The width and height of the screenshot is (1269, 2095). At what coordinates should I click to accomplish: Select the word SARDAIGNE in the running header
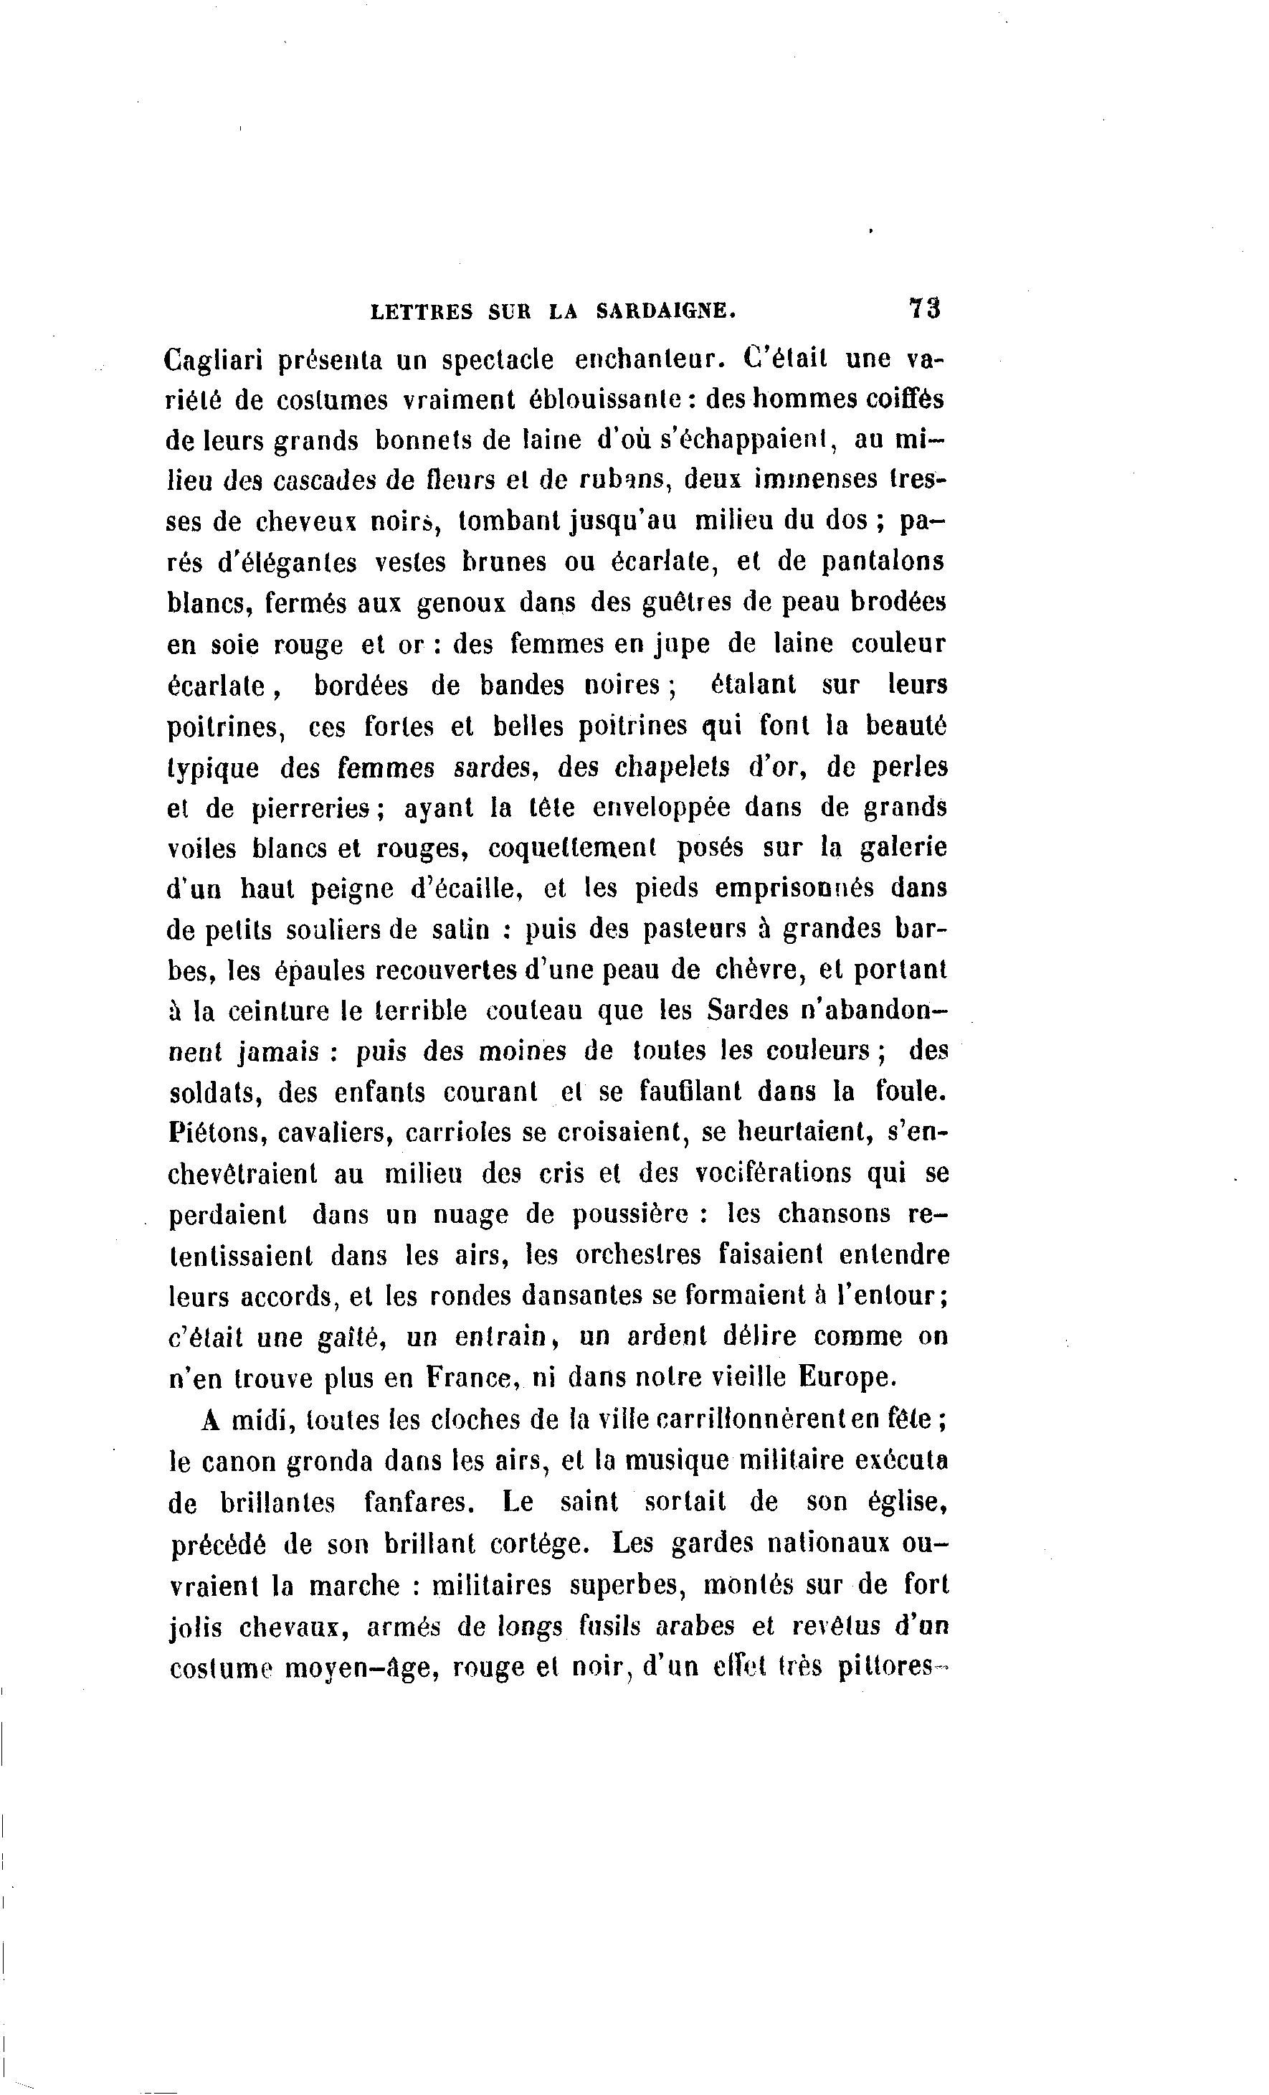pyautogui.click(x=666, y=311)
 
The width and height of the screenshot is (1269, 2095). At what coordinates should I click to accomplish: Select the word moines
pyautogui.click(x=521, y=1051)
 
